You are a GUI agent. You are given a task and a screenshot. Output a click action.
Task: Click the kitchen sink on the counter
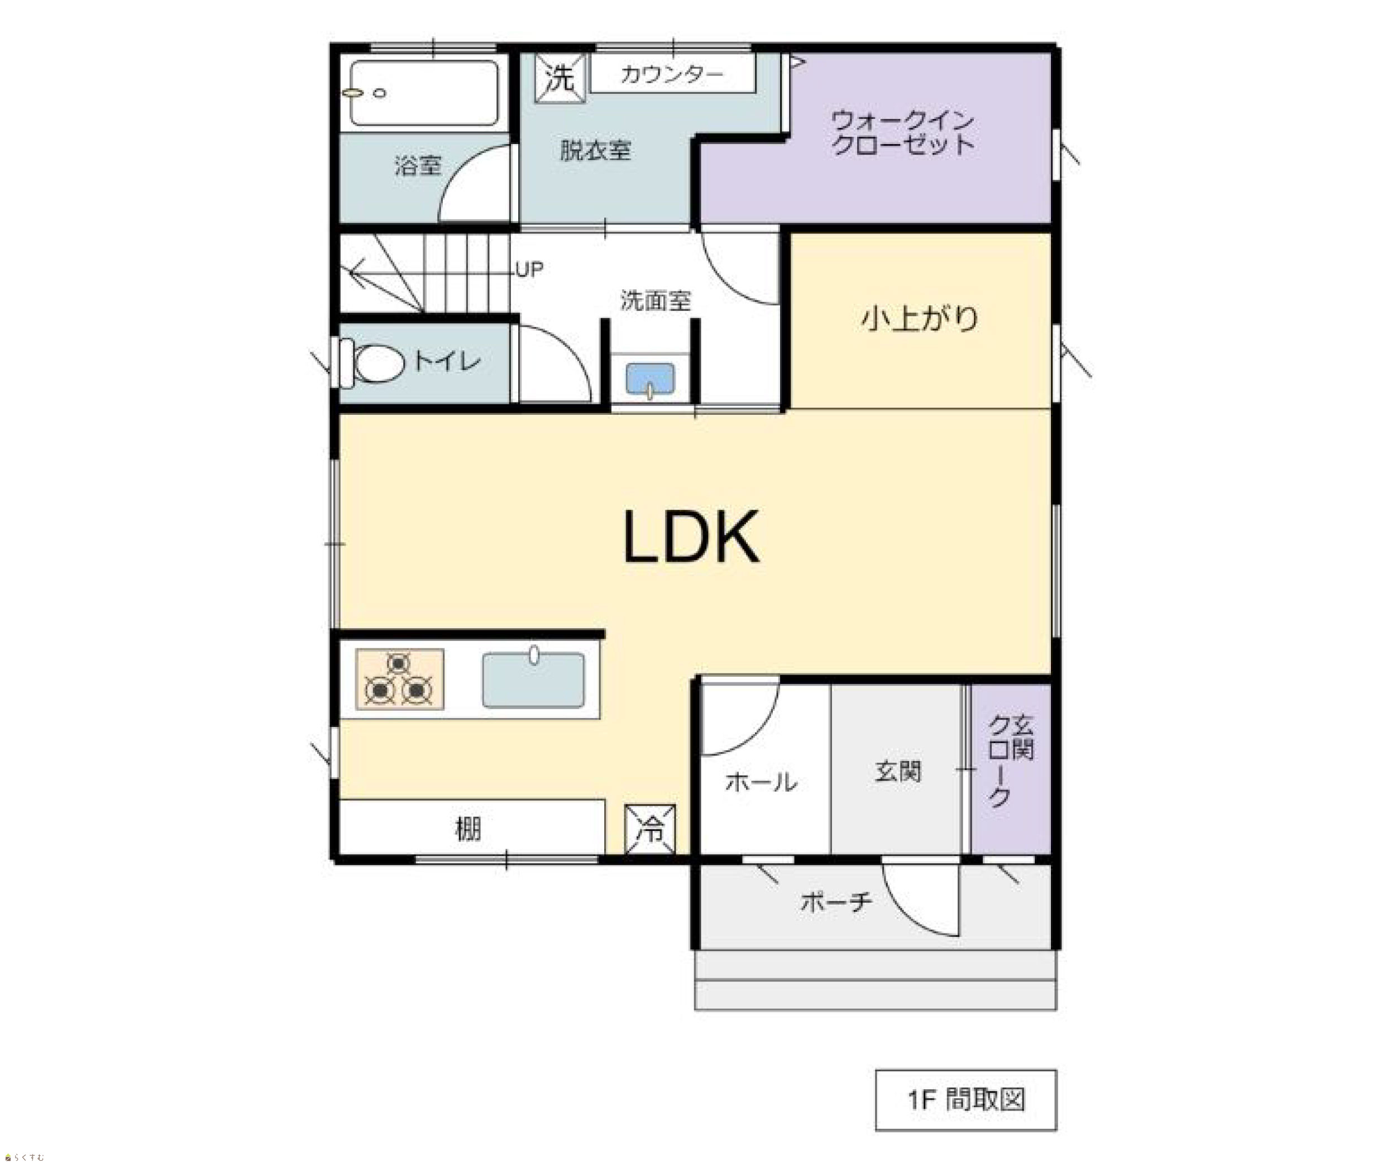click(533, 679)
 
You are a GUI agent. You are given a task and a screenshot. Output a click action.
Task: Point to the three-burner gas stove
click(399, 679)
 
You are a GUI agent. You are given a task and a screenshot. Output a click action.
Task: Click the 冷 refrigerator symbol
click(650, 829)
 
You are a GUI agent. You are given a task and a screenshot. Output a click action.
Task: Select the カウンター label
click(671, 74)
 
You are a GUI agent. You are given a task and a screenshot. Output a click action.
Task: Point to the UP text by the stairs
click(530, 269)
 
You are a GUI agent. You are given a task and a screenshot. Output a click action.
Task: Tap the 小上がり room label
click(920, 318)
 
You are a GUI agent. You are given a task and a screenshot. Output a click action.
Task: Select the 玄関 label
click(898, 772)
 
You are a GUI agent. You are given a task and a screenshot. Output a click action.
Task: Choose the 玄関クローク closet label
click(1011, 760)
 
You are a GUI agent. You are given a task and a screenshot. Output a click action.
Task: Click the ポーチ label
click(836, 902)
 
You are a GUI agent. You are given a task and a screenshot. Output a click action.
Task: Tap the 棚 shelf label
click(468, 829)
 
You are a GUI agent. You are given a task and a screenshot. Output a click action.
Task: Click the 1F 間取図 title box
click(966, 1100)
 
